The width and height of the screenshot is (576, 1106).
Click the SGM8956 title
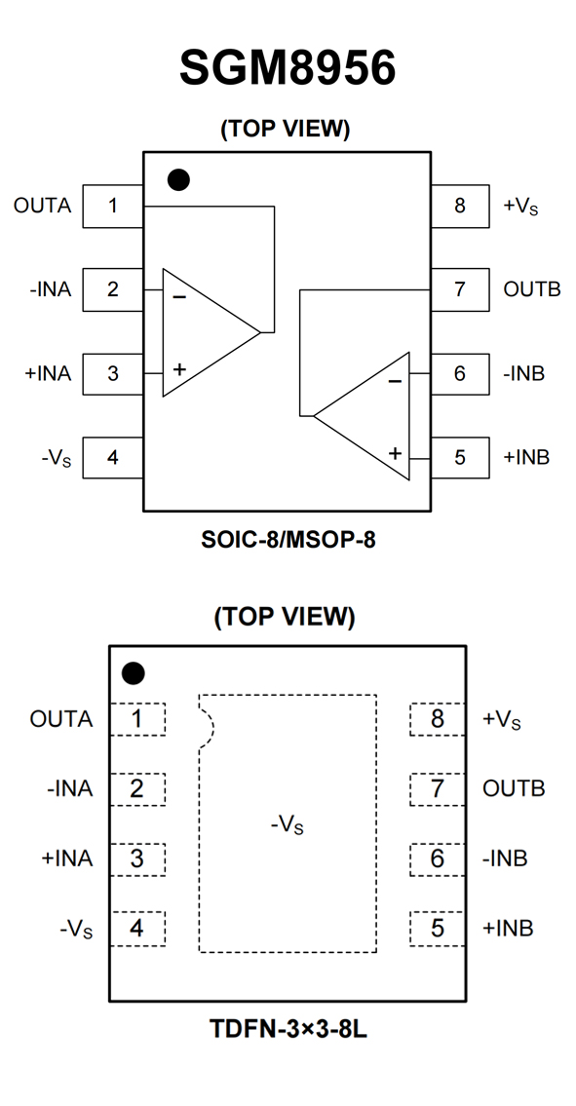coord(288,68)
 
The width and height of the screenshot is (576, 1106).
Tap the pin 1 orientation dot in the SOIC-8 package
coord(178,180)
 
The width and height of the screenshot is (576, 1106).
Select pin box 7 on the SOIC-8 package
coord(459,289)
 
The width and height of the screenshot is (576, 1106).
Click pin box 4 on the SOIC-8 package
coord(113,457)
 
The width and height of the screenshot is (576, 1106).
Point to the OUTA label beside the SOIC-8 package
coord(42,206)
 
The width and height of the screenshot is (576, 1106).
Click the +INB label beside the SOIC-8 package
coord(526,457)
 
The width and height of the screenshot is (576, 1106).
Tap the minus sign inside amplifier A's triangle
coord(179,297)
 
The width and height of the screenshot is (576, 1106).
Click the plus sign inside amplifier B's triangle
coord(395,453)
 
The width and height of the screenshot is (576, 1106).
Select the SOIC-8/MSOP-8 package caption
coord(288,540)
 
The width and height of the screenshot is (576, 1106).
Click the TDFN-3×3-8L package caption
coord(288,1029)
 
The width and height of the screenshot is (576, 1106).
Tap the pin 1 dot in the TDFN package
coord(133,673)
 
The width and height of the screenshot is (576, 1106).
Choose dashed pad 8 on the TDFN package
coord(438,719)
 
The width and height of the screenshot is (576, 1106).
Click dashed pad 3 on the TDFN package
coord(137,859)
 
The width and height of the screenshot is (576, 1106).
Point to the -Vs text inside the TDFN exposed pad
coord(288,824)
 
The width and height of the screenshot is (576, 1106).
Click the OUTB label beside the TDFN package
coord(514,788)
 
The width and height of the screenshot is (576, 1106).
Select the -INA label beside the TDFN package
coord(70,788)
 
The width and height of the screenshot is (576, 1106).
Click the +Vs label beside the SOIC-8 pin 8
coord(520,206)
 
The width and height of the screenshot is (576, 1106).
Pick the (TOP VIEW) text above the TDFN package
coord(285,617)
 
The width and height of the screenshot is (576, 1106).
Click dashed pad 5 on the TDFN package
coord(438,929)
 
